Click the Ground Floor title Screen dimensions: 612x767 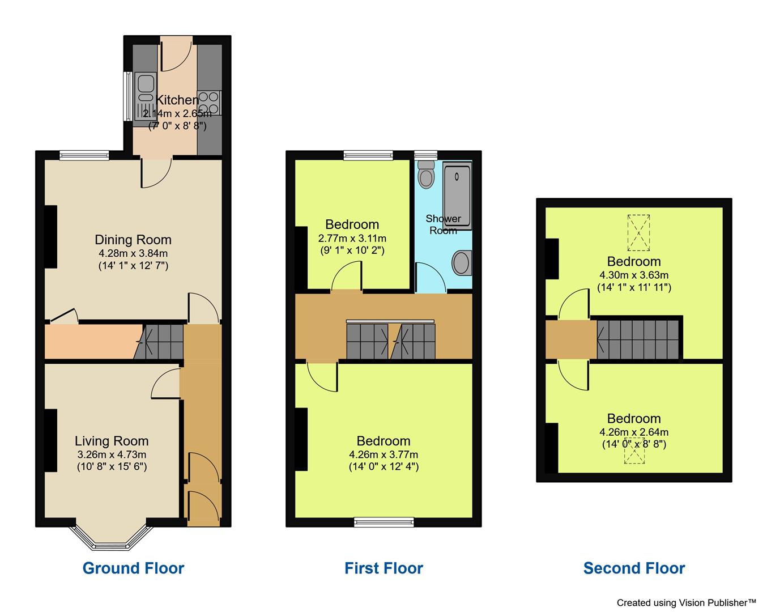click(133, 568)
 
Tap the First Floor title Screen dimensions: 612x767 click(383, 568)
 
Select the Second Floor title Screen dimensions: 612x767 click(634, 568)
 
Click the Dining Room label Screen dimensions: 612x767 click(133, 240)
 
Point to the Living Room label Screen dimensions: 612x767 click(112, 441)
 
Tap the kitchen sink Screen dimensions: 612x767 click(145, 96)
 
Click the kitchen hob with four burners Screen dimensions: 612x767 click(209, 103)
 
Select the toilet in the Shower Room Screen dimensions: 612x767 click(425, 173)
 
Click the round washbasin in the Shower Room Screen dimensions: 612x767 click(461, 263)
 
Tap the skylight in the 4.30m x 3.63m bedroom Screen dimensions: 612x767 click(638, 233)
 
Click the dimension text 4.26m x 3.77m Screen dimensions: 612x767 click(383, 454)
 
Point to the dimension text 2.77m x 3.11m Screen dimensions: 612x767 click(352, 238)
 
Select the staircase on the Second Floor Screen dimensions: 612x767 click(638, 339)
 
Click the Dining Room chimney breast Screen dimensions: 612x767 click(50, 236)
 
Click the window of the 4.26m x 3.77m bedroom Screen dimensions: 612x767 click(383, 522)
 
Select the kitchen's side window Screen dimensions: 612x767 click(127, 96)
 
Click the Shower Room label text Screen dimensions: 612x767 click(443, 224)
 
